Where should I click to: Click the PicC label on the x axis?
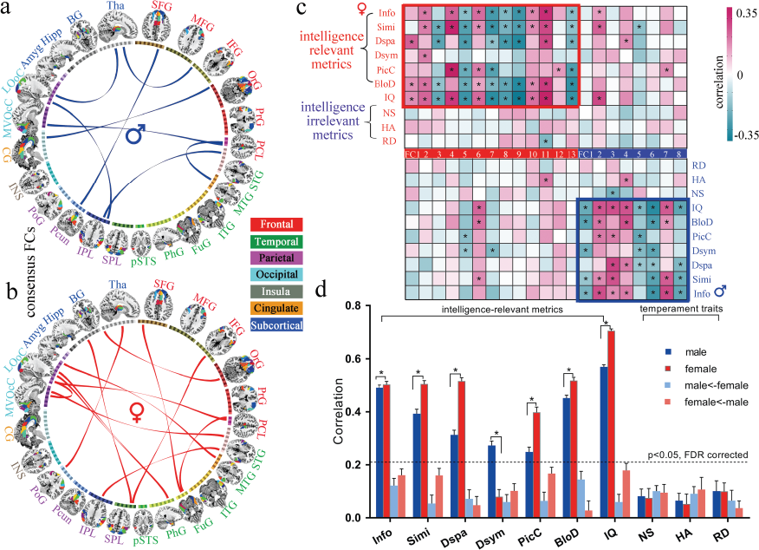coord(526,535)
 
